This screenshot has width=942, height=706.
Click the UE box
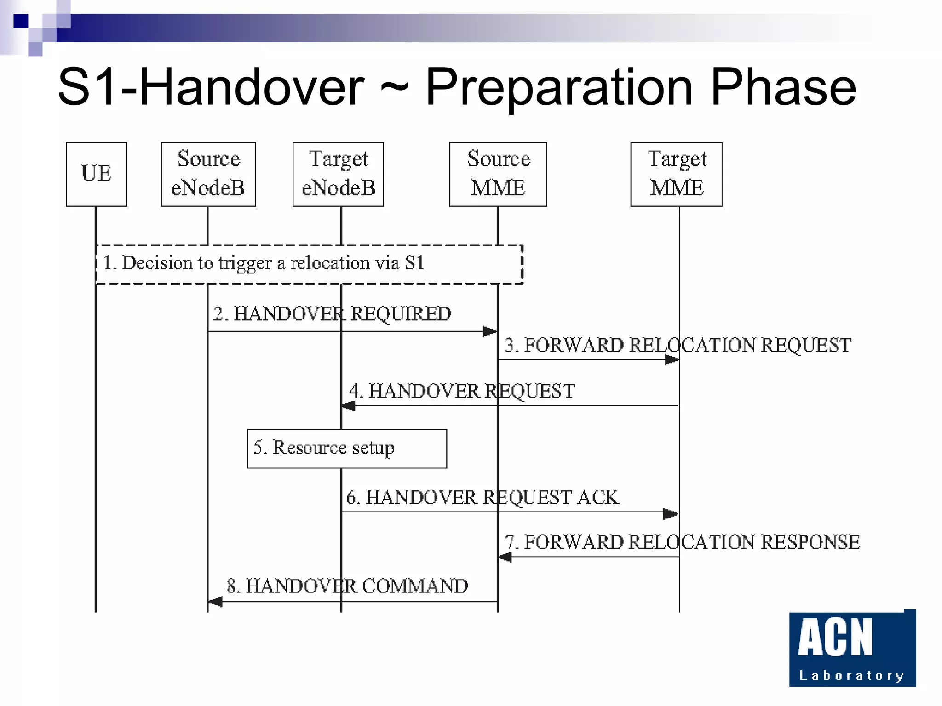point(96,174)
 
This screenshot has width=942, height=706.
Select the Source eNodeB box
point(208,174)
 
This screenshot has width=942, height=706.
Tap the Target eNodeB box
point(338,174)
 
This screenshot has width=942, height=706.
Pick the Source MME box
point(498,174)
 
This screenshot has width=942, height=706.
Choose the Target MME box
point(676,174)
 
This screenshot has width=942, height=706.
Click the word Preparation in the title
point(559,87)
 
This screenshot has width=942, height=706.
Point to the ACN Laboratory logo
point(852,648)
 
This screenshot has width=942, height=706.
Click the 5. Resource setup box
point(347,449)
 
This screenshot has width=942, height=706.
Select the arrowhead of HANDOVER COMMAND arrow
point(215,601)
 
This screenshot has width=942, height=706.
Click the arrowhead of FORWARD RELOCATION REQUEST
point(672,359)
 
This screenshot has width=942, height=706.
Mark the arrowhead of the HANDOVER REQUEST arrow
point(349,406)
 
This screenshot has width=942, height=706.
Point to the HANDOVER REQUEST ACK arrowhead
point(670,514)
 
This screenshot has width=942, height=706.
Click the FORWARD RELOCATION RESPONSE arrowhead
point(505,557)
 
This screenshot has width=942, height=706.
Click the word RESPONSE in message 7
point(810,542)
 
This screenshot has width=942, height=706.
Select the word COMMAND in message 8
point(415,586)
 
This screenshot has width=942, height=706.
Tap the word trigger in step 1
point(245,263)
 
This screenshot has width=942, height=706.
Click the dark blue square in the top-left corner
point(21,21)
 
